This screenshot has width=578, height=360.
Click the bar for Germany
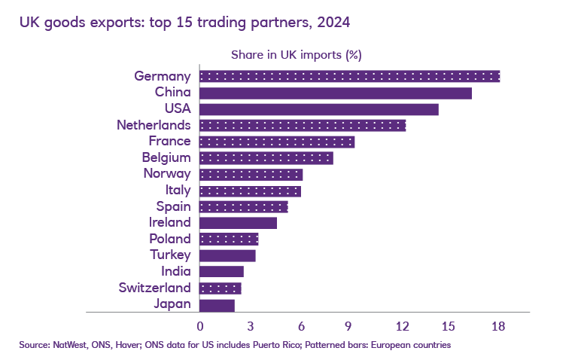pos(349,76)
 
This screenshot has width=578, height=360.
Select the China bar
pos(336,93)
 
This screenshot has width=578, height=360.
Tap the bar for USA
pos(319,109)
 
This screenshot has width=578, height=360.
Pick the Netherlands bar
pos(303,125)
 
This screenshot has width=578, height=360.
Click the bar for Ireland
pos(239,222)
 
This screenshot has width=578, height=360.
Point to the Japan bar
pos(218,305)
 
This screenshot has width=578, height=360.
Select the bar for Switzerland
pos(221,288)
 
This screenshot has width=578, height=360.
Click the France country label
pos(170,142)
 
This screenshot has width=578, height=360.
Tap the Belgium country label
pos(166,158)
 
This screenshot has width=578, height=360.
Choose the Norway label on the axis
pos(167,174)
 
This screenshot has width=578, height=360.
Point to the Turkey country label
pos(171,255)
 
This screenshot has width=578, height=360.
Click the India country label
pos(176,271)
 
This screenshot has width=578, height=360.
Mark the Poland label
pos(170,239)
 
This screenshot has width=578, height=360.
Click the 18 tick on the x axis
pos(497,326)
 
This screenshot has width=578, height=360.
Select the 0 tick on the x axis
pos(200,326)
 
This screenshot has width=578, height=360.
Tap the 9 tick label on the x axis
pos(349,326)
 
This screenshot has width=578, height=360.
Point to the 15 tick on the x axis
pos(449,326)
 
